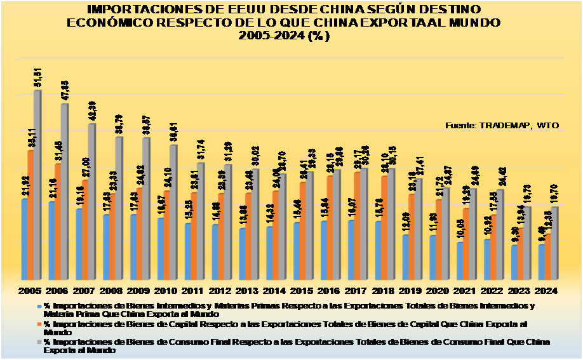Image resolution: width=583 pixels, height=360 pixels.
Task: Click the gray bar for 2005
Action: pyautogui.click(x=37, y=184)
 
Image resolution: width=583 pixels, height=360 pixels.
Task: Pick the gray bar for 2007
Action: pyautogui.click(x=92, y=201)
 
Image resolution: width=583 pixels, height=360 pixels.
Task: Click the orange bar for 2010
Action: pyautogui.click(x=166, y=235)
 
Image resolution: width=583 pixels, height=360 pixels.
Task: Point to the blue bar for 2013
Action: pyautogui.click(x=243, y=253)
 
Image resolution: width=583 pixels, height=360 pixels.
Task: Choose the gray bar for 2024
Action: pyautogui.click(x=555, y=243)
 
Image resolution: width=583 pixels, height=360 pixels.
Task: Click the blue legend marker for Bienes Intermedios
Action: pyautogui.click(x=40, y=305)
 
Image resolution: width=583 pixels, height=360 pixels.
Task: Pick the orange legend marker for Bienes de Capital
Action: pyautogui.click(x=40, y=323)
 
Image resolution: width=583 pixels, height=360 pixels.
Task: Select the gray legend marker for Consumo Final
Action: pyautogui.click(x=40, y=342)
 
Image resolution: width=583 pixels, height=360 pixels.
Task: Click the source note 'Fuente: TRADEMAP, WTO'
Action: pyautogui.click(x=502, y=125)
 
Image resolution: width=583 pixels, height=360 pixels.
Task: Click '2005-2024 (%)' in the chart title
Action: pyautogui.click(x=284, y=36)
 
